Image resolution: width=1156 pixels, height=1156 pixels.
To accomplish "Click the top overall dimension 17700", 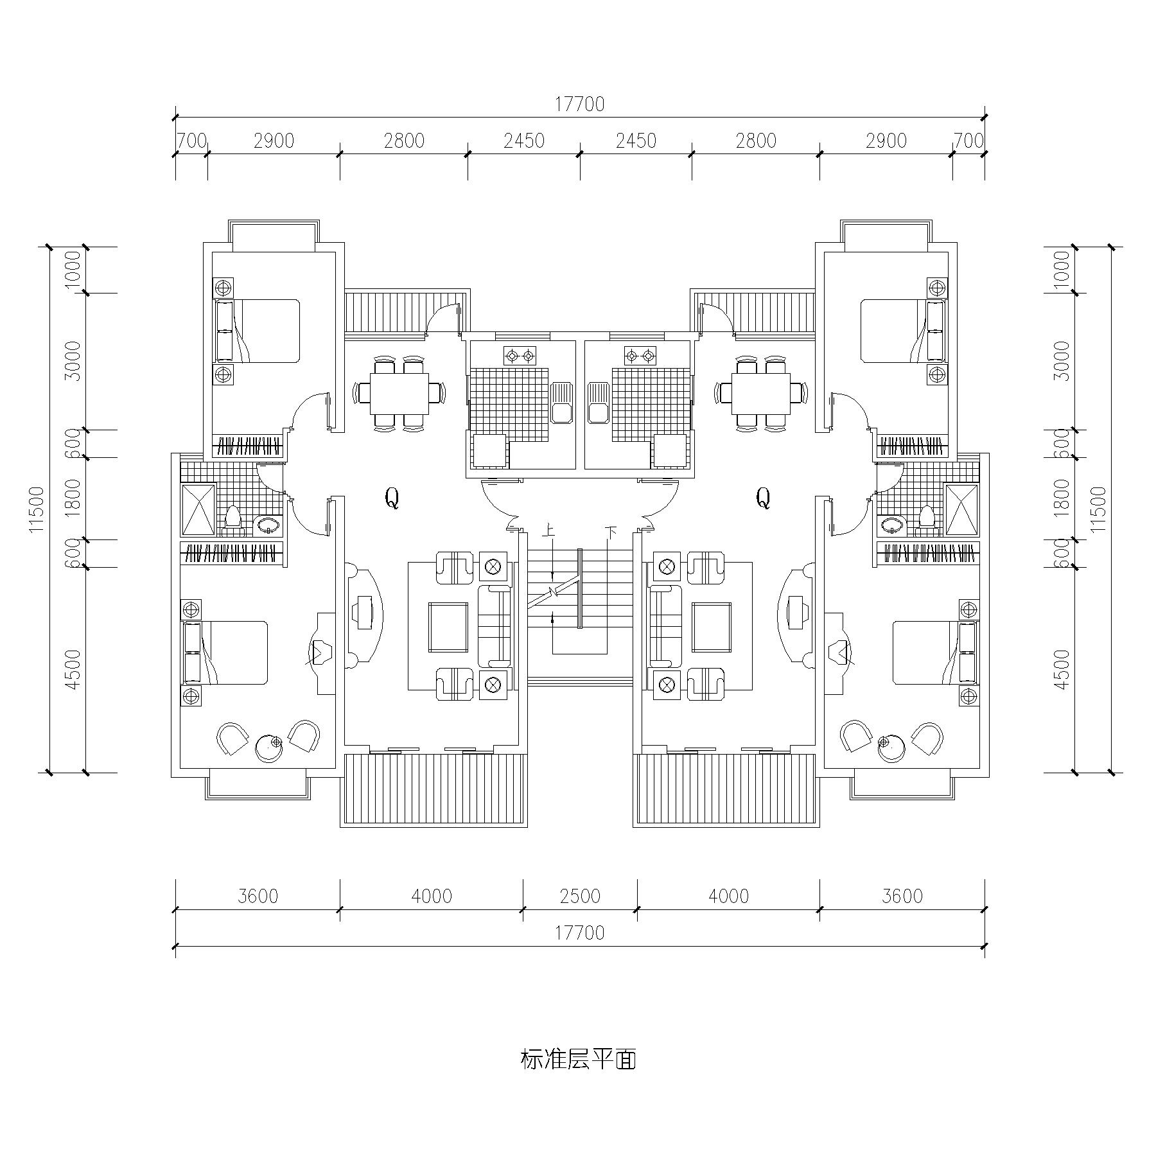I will (x=579, y=105).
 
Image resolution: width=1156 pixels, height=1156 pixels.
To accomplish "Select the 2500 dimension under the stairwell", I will (x=579, y=896).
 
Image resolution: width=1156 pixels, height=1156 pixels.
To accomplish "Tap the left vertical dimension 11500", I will (x=37, y=509).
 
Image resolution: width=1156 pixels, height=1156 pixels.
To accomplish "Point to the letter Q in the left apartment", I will (x=392, y=498).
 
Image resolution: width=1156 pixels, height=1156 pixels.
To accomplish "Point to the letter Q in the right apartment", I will (x=763, y=498).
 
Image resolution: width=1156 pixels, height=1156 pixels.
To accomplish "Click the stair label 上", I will (x=548, y=532).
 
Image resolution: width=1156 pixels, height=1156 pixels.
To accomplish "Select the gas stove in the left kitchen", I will (x=520, y=355).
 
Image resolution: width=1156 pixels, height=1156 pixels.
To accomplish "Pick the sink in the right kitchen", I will (x=598, y=403).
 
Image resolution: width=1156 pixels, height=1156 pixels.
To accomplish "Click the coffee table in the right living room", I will (x=710, y=626).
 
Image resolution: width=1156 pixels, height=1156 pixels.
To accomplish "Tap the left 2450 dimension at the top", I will (x=523, y=141).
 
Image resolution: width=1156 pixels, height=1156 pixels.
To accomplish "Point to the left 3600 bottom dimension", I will (x=258, y=896).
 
